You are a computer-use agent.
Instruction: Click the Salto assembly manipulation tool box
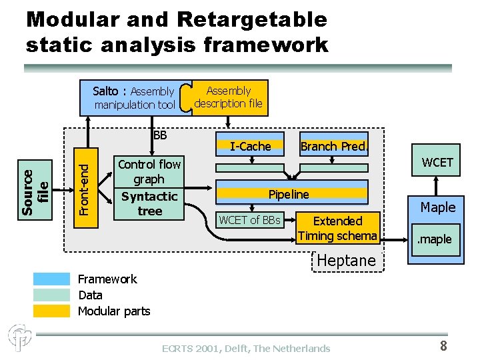(x=133, y=98)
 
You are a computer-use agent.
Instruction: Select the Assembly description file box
(x=228, y=97)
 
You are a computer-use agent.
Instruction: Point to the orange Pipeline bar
(x=289, y=195)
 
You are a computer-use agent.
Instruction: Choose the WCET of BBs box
(x=250, y=220)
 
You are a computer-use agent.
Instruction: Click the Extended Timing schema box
(x=337, y=228)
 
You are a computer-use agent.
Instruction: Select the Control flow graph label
(x=149, y=171)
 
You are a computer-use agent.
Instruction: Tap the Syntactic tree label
(x=149, y=203)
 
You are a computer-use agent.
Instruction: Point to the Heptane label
(x=345, y=261)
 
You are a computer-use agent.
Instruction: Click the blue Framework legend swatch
(x=52, y=279)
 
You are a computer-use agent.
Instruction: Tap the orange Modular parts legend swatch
(x=52, y=311)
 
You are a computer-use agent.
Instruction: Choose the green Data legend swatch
(x=52, y=295)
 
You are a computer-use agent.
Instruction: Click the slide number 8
(x=443, y=345)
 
